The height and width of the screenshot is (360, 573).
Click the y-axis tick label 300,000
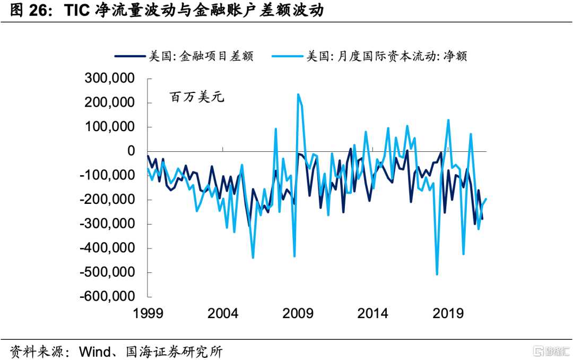click(x=110, y=79)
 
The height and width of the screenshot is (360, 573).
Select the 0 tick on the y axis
click(x=136, y=151)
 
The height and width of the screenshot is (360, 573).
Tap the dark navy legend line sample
click(x=129, y=56)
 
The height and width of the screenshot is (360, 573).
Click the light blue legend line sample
click(x=286, y=56)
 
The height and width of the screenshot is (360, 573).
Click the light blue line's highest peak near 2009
click(x=298, y=95)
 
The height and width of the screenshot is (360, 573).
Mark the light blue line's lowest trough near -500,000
click(x=437, y=274)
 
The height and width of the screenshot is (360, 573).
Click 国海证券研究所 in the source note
click(x=174, y=351)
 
